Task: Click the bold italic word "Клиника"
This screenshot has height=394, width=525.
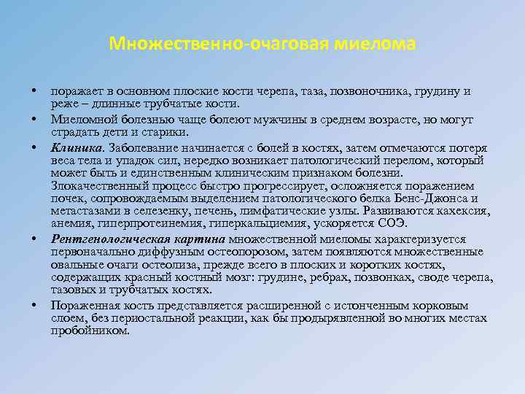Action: click(71, 146)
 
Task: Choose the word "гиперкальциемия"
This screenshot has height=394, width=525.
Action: click(273, 224)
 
